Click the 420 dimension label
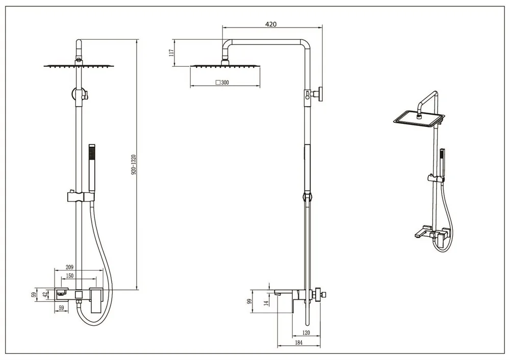pyautogui.click(x=271, y=24)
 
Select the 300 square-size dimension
pyautogui.click(x=222, y=82)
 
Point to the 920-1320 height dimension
pyautogui.click(x=133, y=165)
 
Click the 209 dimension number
pyautogui.click(x=69, y=267)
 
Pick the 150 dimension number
pyautogui.click(x=69, y=276)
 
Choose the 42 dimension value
pyautogui.click(x=45, y=294)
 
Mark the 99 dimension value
pyautogui.click(x=250, y=301)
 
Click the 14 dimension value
pyautogui.click(x=266, y=303)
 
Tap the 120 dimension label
pyautogui.click(x=306, y=332)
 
